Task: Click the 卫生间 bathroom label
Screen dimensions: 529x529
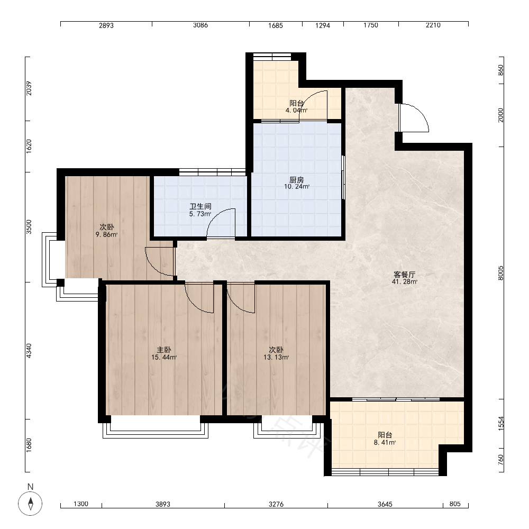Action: (x=200, y=206)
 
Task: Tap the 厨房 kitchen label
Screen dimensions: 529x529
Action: (x=297, y=179)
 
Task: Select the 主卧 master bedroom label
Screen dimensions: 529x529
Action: (x=163, y=350)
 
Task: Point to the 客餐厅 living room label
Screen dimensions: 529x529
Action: (x=405, y=275)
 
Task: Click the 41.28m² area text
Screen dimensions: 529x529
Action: (x=405, y=282)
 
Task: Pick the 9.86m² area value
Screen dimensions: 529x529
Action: (x=107, y=234)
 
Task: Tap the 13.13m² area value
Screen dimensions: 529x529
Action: (x=276, y=357)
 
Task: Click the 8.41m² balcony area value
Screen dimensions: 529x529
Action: (x=385, y=442)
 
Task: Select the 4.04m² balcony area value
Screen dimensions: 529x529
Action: (x=296, y=110)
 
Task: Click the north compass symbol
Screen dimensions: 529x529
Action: (x=30, y=504)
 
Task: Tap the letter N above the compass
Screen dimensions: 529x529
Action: (x=30, y=487)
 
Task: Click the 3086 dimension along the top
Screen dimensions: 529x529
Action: (x=200, y=25)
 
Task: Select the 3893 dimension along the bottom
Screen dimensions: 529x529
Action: (x=162, y=504)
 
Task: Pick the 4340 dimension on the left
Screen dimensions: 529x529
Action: (x=29, y=351)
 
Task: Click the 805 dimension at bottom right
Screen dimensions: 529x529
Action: (x=455, y=504)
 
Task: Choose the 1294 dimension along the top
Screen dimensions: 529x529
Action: (x=323, y=25)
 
